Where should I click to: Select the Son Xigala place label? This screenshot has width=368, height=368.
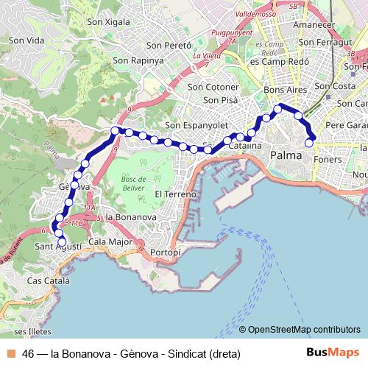coord(108,21)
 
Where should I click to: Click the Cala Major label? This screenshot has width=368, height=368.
coord(110,241)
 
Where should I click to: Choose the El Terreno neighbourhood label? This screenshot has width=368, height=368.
coord(175,194)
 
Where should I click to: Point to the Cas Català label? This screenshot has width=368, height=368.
coord(48,281)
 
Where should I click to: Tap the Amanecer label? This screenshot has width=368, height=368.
coord(308,25)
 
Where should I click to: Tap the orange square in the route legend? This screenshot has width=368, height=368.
coord(13,353)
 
